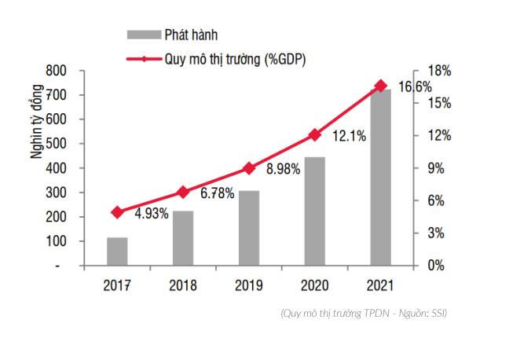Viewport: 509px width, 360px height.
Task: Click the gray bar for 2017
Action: pos(118,252)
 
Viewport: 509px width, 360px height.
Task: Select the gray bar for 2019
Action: pos(249,228)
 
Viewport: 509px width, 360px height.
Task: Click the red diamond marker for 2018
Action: pos(183,192)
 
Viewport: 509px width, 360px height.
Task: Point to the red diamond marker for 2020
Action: pos(315,134)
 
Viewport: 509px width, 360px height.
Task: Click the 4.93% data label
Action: pos(151,213)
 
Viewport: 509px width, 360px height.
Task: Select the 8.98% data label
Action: pos(283,168)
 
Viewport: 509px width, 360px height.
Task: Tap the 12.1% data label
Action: pos(349,136)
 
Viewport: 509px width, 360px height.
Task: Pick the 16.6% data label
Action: pos(415,86)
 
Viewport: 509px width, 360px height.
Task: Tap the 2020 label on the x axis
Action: pos(315,285)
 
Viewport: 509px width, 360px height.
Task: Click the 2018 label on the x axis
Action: pos(183,285)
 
